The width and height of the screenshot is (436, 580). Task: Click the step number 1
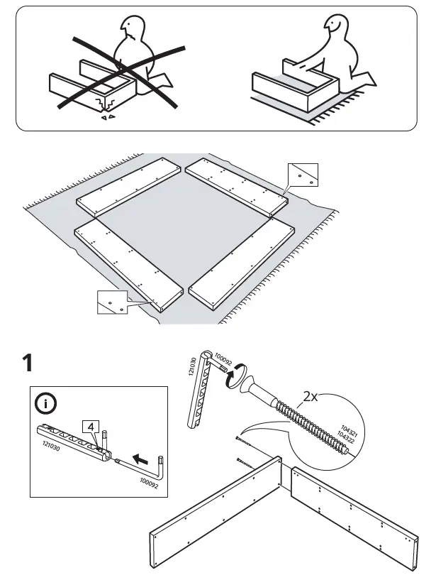pos(28,363)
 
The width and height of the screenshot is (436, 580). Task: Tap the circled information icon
pos(46,405)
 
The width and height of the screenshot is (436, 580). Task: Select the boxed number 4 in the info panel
pos(90,426)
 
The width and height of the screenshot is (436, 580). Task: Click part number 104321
pos(347,430)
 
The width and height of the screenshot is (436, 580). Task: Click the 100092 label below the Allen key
pos(150,486)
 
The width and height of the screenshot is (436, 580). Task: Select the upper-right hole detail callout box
pos(303,174)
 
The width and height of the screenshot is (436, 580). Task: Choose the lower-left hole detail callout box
pos(111,302)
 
